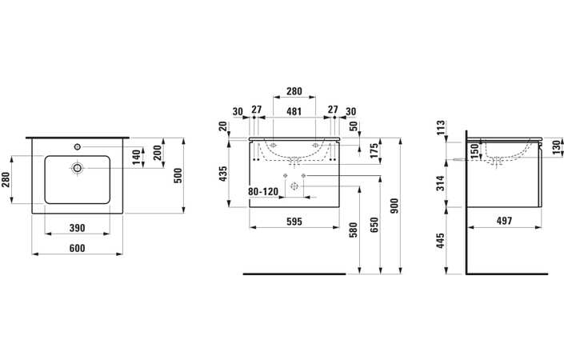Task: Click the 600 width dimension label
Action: tap(78, 248)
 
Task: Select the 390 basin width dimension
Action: tap(78, 228)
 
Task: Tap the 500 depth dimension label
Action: tap(178, 175)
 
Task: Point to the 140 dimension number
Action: tap(136, 157)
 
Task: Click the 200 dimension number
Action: tap(158, 153)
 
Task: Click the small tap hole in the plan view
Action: tap(77, 146)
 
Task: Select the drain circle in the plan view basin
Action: tap(77, 167)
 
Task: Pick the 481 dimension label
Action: tap(294, 111)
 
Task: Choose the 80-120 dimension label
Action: tap(263, 192)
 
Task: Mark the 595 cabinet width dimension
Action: tap(294, 222)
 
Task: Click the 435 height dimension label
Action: tap(223, 174)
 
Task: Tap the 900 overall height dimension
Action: tap(394, 206)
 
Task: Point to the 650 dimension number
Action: tap(374, 225)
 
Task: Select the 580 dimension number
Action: tap(354, 230)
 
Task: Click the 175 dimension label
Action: tap(374, 151)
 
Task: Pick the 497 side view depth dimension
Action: tap(504, 221)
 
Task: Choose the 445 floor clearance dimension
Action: tap(440, 241)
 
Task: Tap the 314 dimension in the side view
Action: tap(440, 183)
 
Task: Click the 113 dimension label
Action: tap(440, 128)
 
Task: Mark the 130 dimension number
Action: tap(557, 148)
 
